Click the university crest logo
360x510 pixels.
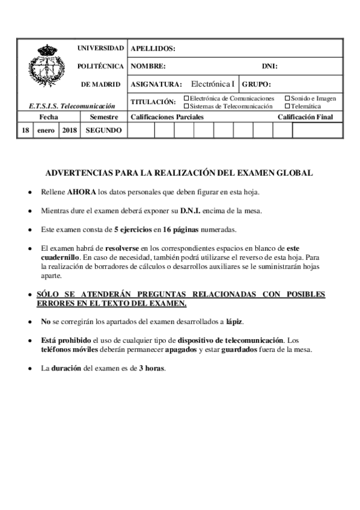(x=45, y=67)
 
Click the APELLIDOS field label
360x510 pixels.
(x=153, y=49)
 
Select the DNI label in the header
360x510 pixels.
(x=269, y=66)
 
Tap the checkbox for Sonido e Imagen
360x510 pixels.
(x=287, y=98)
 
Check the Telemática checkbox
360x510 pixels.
(x=287, y=106)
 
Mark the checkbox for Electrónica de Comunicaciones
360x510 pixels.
(x=186, y=98)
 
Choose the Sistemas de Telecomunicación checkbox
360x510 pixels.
(x=186, y=106)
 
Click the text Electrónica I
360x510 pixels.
(x=212, y=84)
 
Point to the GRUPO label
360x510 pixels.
(x=257, y=84)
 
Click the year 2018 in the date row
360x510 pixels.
(x=69, y=130)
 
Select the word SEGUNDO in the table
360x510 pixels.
(x=104, y=130)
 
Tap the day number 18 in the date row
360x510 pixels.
(x=25, y=130)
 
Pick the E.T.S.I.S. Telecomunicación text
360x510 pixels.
(x=72, y=106)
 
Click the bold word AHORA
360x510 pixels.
(x=81, y=192)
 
